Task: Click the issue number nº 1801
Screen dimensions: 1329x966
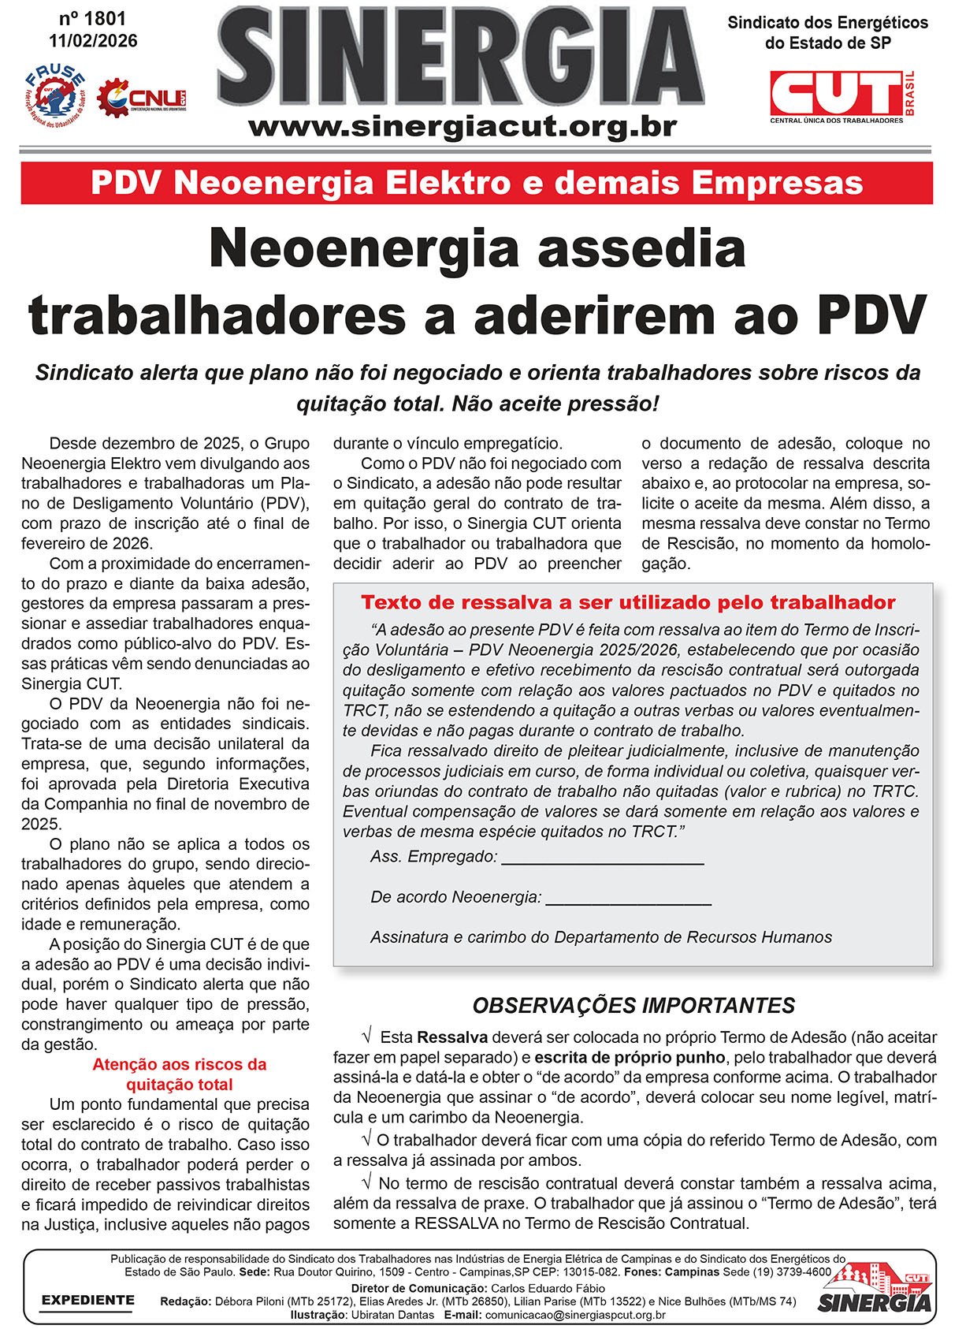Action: tap(92, 18)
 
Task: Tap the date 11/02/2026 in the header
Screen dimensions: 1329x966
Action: tap(92, 40)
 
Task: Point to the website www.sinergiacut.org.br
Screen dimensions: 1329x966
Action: tap(463, 126)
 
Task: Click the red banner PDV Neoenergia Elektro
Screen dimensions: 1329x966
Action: tap(477, 183)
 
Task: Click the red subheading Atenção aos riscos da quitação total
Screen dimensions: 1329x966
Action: tap(180, 1074)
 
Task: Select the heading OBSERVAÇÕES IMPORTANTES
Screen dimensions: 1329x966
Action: tap(633, 1006)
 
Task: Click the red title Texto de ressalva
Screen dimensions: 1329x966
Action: tap(628, 602)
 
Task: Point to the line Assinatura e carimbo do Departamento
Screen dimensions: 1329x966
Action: tap(601, 937)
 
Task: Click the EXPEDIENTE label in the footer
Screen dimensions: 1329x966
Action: tap(87, 1300)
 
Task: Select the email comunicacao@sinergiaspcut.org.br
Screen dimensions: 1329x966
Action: tap(575, 1315)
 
